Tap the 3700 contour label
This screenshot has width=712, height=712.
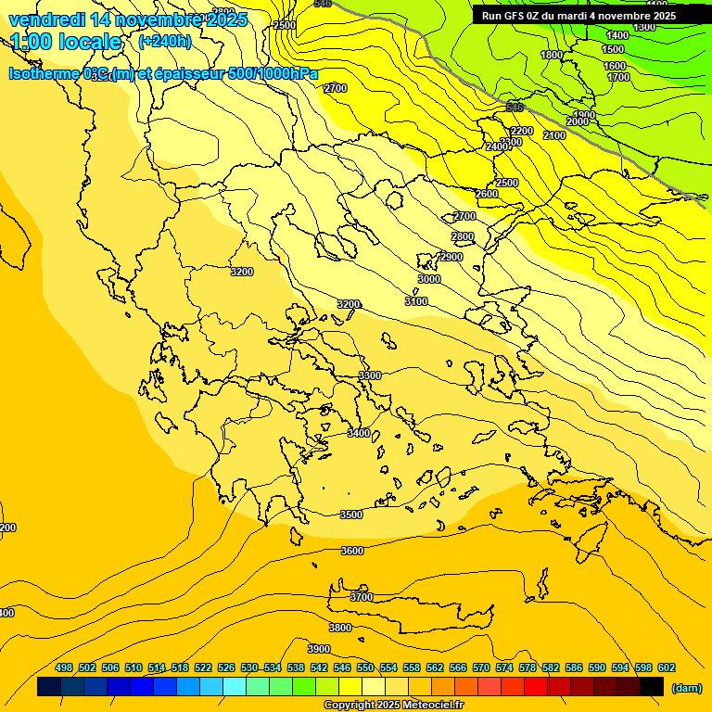[362, 597]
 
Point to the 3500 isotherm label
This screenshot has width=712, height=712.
[351, 515]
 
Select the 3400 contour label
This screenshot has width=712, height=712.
[358, 433]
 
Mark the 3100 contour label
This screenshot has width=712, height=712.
[416, 301]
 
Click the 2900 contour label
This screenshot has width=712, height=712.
[451, 257]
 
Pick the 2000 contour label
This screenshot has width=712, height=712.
[578, 122]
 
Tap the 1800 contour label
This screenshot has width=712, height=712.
[552, 56]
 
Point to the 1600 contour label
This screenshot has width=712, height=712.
[615, 66]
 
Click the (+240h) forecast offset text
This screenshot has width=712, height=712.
[165, 42]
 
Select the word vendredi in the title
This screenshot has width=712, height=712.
[46, 19]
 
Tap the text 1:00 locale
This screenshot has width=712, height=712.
[66, 42]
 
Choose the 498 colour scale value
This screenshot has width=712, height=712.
[64, 667]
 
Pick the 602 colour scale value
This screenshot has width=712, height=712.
[667, 667]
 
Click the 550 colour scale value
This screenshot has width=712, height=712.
[365, 667]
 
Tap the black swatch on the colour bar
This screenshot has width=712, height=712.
[652, 687]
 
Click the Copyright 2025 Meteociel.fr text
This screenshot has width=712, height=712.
[393, 706]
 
